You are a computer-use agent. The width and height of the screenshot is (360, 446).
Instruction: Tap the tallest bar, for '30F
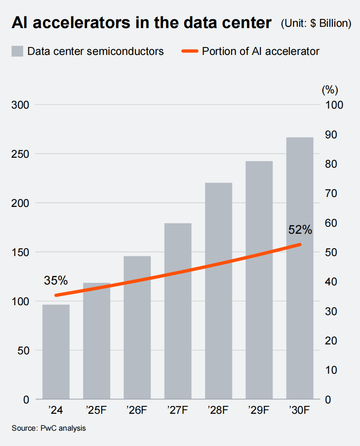[x=300, y=268]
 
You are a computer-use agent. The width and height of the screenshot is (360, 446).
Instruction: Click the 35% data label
[x=56, y=281]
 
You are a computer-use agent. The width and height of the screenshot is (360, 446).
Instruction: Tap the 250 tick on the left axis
[x=20, y=154]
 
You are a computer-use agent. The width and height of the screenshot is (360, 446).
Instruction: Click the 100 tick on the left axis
[x=20, y=301]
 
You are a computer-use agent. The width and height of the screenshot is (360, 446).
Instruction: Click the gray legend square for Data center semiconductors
[x=17, y=51]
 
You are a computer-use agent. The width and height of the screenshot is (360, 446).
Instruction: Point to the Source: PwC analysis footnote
[x=49, y=428]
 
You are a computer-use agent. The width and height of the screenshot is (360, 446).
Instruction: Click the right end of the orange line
[x=300, y=245]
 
